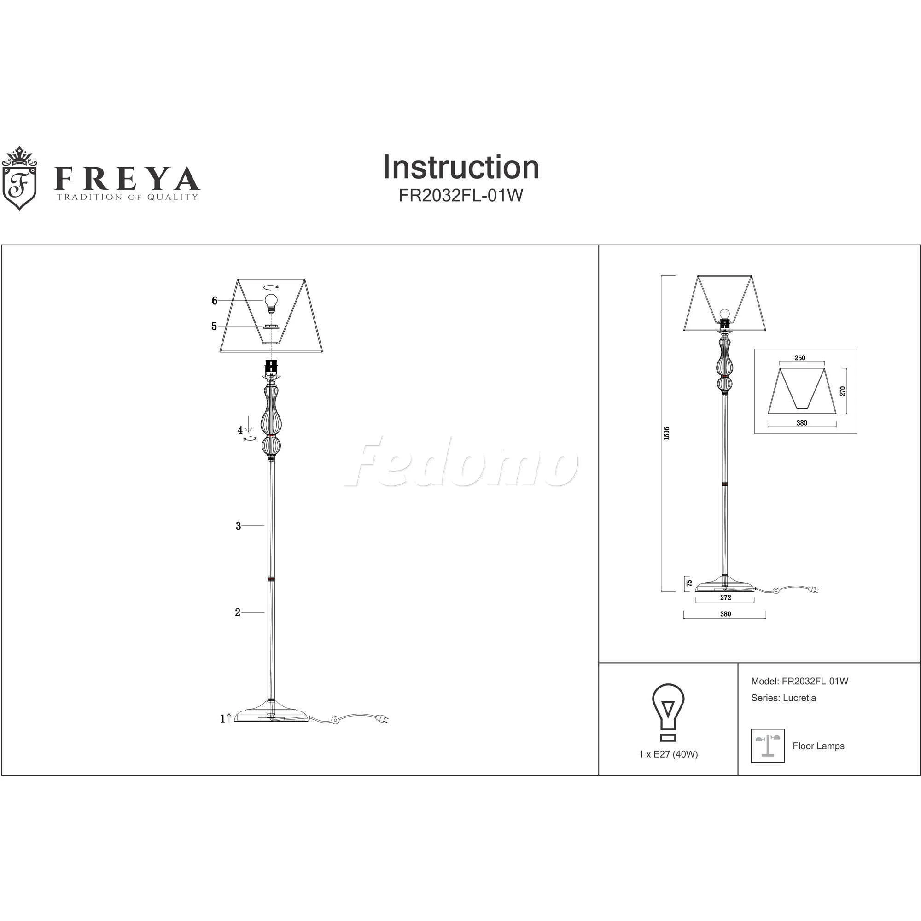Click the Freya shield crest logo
tap(19, 178)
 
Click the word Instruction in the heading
tap(460, 167)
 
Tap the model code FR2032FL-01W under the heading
tap(460, 196)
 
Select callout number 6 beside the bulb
tap(215, 300)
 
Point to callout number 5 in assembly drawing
tap(214, 326)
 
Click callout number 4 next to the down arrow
tap(240, 431)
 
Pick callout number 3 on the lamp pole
tap(239, 526)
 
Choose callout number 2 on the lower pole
tap(238, 612)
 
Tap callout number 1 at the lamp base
tap(222, 719)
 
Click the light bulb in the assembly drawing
tap(271, 302)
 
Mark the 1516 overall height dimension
tap(666, 433)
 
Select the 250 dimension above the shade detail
tap(800, 358)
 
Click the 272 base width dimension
tap(725, 597)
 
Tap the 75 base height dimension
tap(689, 583)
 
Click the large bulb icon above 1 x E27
tap(668, 712)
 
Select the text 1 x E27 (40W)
tap(668, 754)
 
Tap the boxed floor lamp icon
tap(768, 746)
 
